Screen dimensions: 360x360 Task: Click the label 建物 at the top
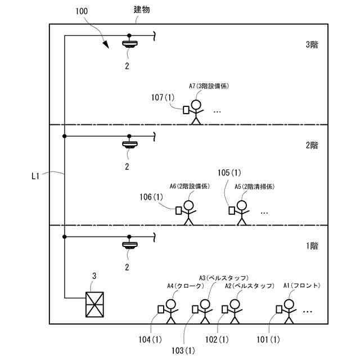tap(142, 10)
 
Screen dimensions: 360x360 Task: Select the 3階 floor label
tap(312, 44)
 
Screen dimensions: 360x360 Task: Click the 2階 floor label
tap(312, 145)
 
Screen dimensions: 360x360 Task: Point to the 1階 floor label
tap(312, 246)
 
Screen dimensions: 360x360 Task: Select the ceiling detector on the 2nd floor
tap(130, 144)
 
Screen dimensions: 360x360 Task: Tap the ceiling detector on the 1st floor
tap(130, 245)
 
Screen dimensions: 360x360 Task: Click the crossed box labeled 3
tap(94, 304)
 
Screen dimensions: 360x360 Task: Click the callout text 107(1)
tap(163, 97)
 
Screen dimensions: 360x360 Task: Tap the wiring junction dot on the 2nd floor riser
tap(65, 136)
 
